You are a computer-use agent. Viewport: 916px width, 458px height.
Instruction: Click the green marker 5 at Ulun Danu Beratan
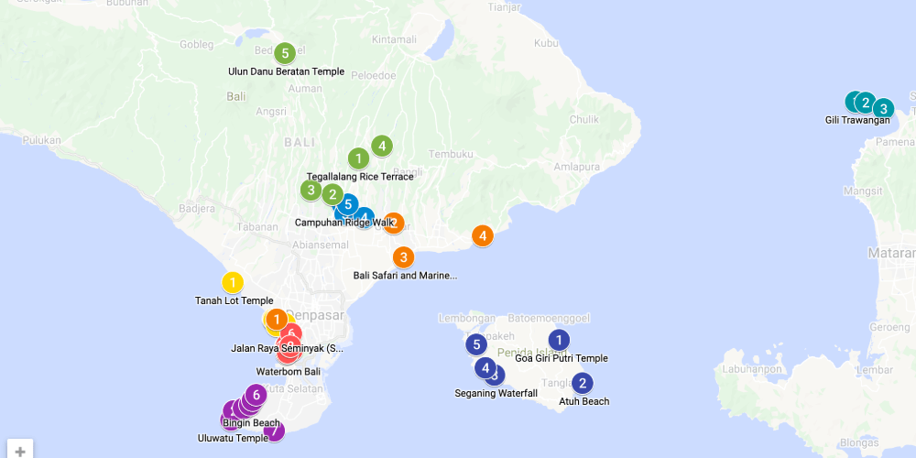(285, 53)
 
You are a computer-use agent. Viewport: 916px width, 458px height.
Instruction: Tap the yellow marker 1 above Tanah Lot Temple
(233, 283)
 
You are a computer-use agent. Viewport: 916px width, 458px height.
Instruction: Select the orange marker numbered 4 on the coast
(483, 235)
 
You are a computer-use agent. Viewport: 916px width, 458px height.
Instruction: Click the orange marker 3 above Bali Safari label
(403, 257)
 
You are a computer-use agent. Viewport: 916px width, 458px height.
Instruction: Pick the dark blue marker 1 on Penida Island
(558, 340)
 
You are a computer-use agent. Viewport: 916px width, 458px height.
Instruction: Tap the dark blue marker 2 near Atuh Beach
(582, 383)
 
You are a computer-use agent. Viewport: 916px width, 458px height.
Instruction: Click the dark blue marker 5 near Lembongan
(475, 345)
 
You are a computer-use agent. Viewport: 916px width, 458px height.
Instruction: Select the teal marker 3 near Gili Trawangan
(883, 108)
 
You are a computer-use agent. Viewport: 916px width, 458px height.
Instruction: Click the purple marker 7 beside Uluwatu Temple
(274, 430)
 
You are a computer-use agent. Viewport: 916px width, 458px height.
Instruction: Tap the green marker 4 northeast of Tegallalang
(382, 146)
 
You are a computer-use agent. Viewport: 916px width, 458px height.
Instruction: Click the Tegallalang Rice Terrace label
(359, 177)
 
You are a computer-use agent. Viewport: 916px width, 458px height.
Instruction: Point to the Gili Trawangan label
(857, 120)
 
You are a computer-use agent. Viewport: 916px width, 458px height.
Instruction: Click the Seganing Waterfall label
(496, 394)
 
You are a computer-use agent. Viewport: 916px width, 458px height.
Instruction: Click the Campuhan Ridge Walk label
(344, 223)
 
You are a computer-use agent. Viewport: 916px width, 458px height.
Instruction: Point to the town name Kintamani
(394, 39)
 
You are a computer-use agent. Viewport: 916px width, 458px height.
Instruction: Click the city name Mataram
(893, 255)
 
